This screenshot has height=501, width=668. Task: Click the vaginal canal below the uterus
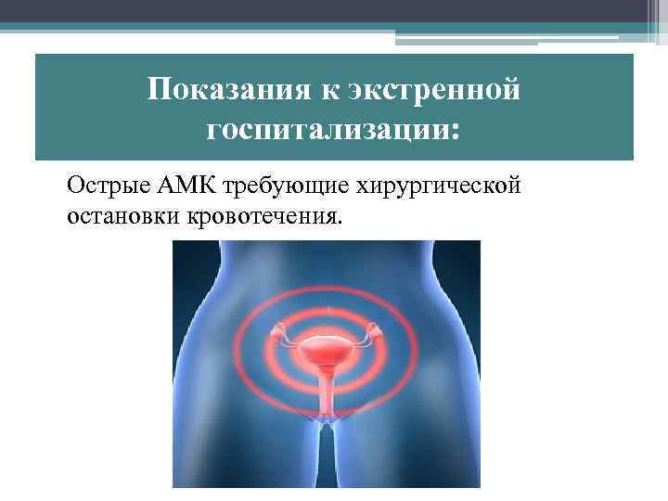(x=327, y=394)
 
